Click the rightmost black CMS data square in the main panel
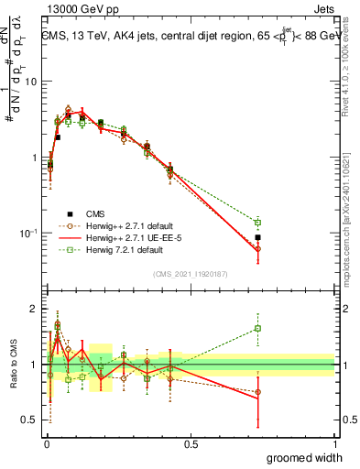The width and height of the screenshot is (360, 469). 258,237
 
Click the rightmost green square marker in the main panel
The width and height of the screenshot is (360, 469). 258,222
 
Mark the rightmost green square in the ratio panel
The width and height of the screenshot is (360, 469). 258,328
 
